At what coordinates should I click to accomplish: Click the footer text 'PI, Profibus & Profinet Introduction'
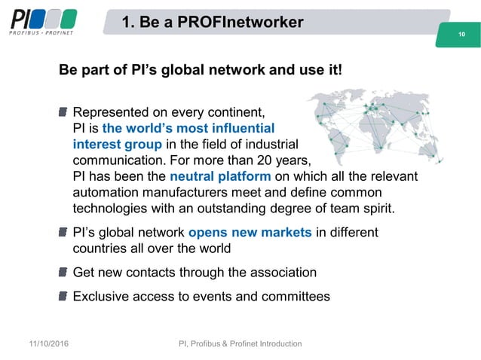pos(240,344)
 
